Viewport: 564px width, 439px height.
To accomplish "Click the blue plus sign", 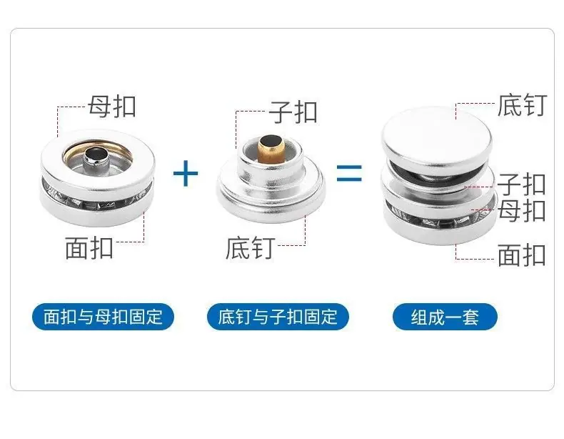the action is [x=186, y=174].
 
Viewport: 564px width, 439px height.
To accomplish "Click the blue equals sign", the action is [x=349, y=173].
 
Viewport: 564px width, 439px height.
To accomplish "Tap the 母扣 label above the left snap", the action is [x=112, y=107].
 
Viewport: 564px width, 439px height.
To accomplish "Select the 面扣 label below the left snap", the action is [x=89, y=248].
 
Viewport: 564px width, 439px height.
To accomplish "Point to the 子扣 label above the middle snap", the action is [x=293, y=112].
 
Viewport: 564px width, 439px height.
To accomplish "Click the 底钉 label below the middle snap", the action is [x=251, y=248].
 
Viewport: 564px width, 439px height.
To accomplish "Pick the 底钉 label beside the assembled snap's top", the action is [x=523, y=105].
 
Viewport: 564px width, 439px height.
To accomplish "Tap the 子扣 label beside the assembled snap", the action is [x=522, y=184].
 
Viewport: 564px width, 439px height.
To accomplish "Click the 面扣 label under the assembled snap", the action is [x=522, y=255].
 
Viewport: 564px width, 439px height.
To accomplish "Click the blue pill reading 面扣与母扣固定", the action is [x=104, y=317].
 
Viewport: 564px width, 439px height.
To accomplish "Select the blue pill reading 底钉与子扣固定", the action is [x=278, y=317].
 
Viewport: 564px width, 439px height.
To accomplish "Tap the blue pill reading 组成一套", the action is [x=445, y=317].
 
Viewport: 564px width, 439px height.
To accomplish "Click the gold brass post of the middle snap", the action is [x=271, y=149].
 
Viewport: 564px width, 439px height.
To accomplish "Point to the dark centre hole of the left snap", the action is [x=96, y=154].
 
